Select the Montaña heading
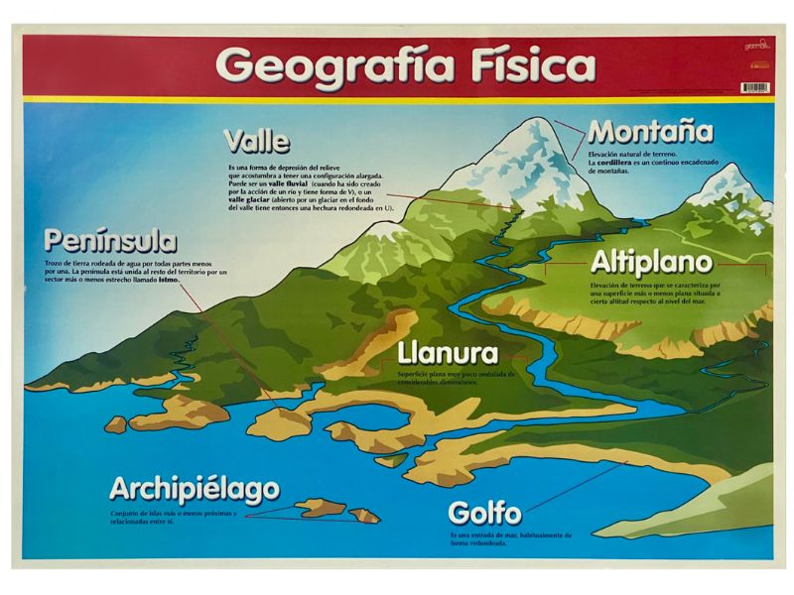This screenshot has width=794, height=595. tap(650, 132)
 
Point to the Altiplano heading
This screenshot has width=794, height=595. tap(651, 263)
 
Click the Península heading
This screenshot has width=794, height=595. tap(110, 241)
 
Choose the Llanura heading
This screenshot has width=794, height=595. tap(447, 353)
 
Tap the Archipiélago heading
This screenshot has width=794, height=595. tap(194, 489)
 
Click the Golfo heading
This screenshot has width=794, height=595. tap(484, 514)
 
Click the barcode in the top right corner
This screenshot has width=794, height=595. tap(753, 87)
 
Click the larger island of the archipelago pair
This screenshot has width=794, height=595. tap(320, 509)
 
